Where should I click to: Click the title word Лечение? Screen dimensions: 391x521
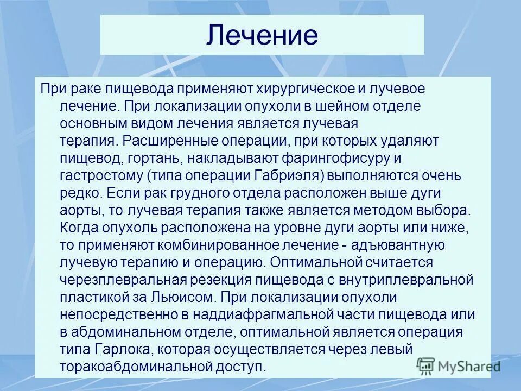[x=262, y=35]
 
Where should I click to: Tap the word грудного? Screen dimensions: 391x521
[x=190, y=193]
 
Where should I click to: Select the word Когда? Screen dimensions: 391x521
[x=80, y=228]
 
